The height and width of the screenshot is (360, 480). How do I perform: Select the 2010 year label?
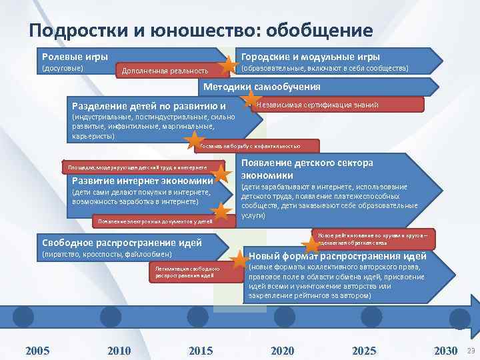click(x=119, y=351)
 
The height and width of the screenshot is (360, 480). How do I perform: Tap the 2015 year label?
click(x=201, y=351)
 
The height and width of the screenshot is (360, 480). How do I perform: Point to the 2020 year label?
click(x=283, y=351)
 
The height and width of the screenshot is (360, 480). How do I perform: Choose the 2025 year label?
click(x=364, y=351)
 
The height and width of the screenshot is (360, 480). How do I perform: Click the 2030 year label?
click(x=445, y=351)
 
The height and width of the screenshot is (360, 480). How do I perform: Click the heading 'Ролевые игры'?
click(x=75, y=57)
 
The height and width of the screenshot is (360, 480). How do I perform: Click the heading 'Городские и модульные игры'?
click(x=310, y=57)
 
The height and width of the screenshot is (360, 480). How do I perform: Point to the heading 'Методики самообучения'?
click(x=261, y=87)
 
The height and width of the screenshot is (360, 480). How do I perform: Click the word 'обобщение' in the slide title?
click(x=319, y=31)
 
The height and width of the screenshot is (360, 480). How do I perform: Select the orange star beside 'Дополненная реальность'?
click(x=229, y=65)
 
